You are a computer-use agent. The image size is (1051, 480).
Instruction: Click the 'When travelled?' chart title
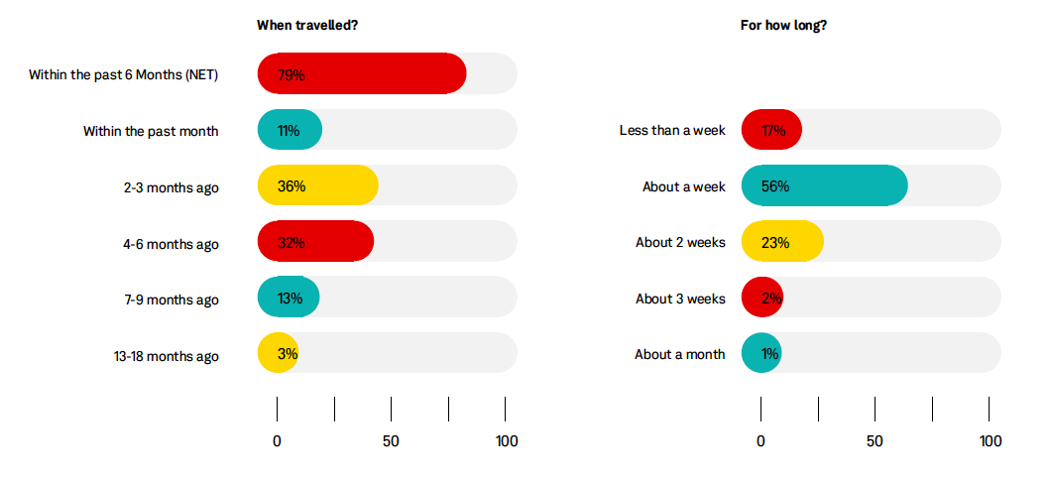(306, 25)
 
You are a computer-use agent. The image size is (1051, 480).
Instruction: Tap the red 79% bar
(362, 73)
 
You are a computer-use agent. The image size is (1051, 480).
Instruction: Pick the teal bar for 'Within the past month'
(290, 130)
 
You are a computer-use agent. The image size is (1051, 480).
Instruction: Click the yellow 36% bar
(317, 186)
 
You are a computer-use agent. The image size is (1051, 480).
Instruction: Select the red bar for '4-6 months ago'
(315, 243)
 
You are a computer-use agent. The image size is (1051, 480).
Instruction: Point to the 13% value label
(292, 300)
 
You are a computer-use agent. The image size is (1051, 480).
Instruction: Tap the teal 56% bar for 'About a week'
(824, 186)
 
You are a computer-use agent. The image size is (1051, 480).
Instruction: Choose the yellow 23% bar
(782, 243)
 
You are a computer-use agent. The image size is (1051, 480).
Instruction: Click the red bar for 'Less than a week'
(771, 130)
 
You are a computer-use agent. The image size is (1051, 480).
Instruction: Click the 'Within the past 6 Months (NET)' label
(123, 74)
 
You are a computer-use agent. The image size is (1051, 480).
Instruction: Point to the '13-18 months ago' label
(166, 356)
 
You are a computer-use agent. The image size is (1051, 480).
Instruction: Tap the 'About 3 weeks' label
(680, 300)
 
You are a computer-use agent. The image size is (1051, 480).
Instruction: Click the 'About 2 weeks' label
(680, 243)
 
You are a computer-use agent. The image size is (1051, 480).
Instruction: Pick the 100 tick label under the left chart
(506, 441)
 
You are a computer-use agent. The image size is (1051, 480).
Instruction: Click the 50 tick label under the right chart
(875, 441)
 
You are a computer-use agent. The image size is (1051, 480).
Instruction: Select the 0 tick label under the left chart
(277, 441)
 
